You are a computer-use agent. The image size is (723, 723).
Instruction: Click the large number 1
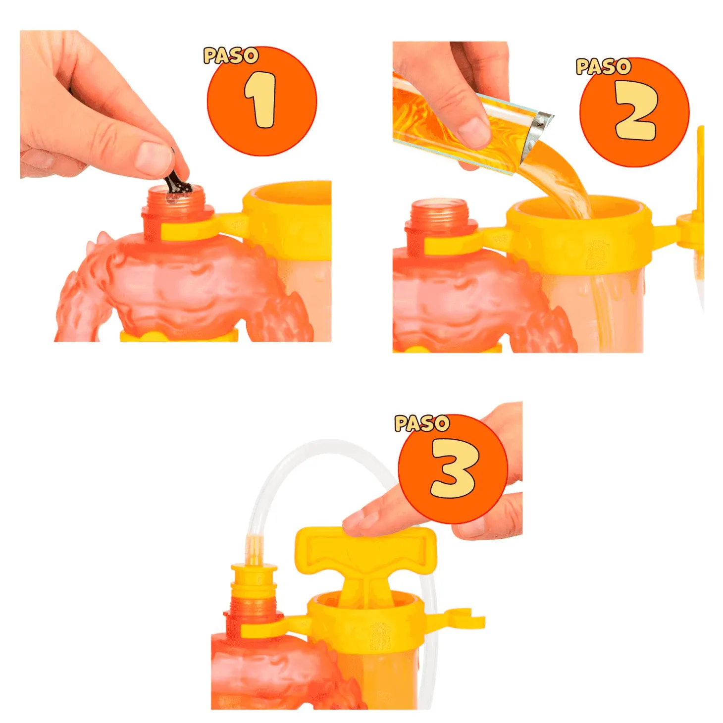click(x=261, y=100)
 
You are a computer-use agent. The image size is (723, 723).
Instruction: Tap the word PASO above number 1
click(x=231, y=55)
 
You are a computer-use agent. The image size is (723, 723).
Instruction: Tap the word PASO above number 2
click(x=603, y=66)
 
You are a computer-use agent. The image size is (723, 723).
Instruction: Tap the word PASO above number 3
click(x=422, y=423)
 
